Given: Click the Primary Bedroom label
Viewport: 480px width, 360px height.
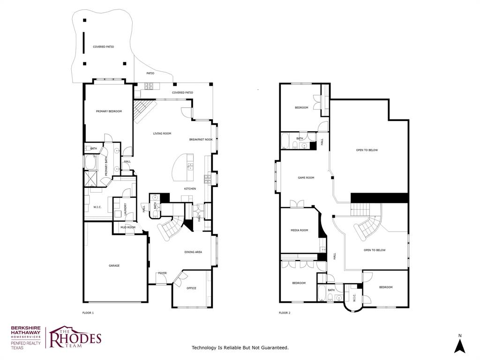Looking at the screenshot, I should (x=109, y=111).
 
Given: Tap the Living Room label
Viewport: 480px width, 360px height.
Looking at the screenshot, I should (x=162, y=134).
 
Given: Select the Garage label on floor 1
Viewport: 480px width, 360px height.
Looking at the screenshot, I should (x=114, y=266).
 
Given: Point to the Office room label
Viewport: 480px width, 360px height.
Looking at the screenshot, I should (x=191, y=288).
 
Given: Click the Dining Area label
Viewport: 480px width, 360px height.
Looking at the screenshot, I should (x=193, y=252).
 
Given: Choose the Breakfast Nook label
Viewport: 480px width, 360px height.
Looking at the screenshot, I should (x=201, y=140).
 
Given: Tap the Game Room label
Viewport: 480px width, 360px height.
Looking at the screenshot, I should (x=306, y=178).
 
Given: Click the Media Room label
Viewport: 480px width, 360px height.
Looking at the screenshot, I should (x=299, y=230).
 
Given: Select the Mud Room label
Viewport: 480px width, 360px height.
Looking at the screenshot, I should (x=127, y=227).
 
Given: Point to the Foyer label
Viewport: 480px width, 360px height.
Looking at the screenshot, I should (x=162, y=273).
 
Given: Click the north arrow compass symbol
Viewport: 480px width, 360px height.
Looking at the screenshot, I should (x=460, y=345).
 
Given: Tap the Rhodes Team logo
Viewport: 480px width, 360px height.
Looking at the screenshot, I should (x=75, y=337).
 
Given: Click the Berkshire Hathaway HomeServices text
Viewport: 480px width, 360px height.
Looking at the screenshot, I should (x=26, y=332).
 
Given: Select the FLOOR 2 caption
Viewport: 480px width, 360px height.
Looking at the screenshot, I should (x=285, y=313).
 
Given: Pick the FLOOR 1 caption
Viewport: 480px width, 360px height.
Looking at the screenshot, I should (x=88, y=313).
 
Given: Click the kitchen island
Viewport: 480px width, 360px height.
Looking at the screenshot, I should (x=184, y=168).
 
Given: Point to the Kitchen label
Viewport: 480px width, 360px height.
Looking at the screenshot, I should (x=190, y=189).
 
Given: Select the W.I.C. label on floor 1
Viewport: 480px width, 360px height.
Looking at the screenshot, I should (x=97, y=207).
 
